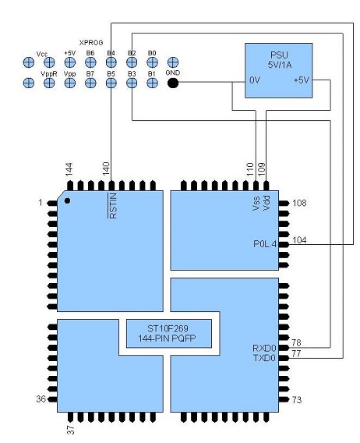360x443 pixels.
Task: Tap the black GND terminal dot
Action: pyautogui.click(x=172, y=82)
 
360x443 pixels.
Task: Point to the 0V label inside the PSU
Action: pyautogui.click(x=254, y=80)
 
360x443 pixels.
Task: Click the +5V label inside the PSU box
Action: pyautogui.click(x=300, y=80)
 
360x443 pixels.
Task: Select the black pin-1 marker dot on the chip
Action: pyautogui.click(x=68, y=201)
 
